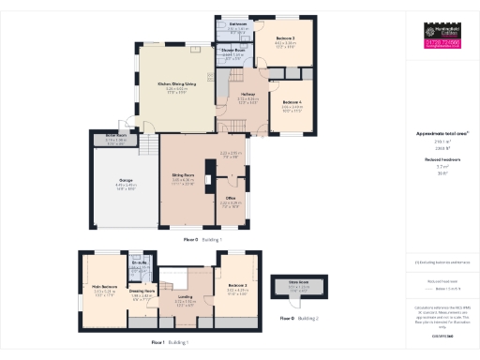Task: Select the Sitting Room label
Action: (183, 175)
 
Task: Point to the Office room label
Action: (230, 199)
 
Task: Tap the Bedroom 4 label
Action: (292, 101)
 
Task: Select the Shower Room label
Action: (233, 51)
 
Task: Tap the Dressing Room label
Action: (142, 292)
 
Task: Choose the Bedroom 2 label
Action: (236, 285)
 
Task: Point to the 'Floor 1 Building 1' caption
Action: (170, 343)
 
